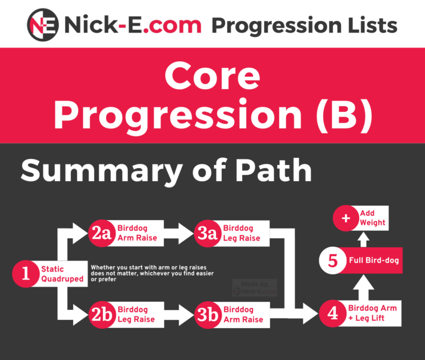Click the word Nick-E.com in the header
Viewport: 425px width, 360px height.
point(133,25)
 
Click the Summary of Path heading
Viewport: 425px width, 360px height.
point(166,171)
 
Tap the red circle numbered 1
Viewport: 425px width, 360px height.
point(26,274)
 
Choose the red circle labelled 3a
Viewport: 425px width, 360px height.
point(208,233)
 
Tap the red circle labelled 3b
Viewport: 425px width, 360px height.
point(208,314)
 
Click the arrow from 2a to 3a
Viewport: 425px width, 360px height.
point(179,233)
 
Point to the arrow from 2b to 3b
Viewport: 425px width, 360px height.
point(179,314)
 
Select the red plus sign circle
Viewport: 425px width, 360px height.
point(344,218)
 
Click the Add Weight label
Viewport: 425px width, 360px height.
point(372,218)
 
